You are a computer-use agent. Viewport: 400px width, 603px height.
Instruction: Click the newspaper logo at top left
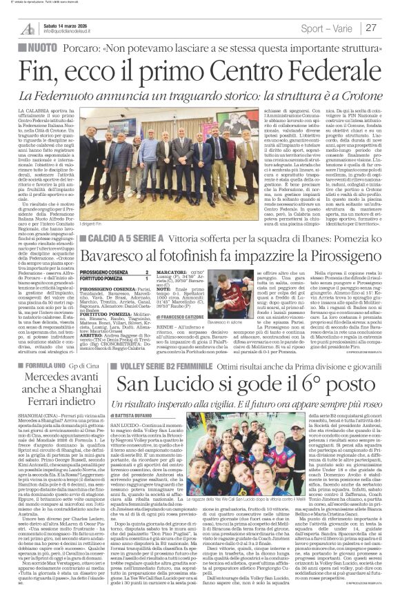[28, 28]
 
